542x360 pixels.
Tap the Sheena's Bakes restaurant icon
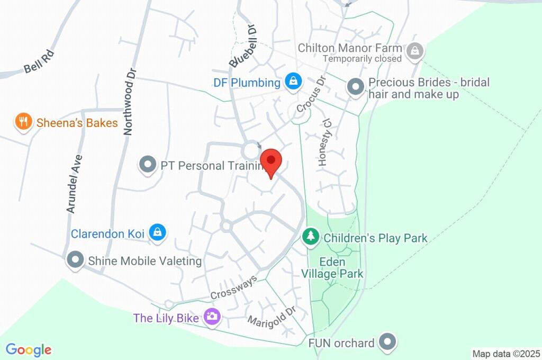point(22,123)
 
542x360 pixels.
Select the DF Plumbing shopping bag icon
point(293,82)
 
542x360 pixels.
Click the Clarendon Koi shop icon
point(158,232)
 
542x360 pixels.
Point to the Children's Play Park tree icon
point(310,237)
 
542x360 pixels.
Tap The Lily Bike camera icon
point(213,317)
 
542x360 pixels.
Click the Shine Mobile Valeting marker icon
point(75,260)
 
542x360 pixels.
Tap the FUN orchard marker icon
point(389,342)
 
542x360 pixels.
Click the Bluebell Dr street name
point(244,47)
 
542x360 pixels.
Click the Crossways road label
point(233,287)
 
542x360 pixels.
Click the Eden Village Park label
point(332,268)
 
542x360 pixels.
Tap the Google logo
point(29,349)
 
